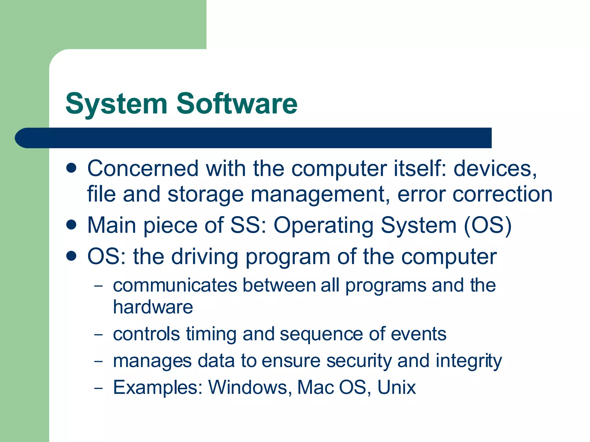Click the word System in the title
[x=116, y=104]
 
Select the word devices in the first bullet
[x=495, y=169]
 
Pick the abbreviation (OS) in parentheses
[x=488, y=225]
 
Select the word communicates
[x=175, y=285]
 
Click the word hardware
[x=153, y=307]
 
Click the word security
[x=359, y=361]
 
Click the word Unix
[x=396, y=387]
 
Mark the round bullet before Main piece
[x=71, y=224]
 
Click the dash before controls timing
[x=98, y=335]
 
